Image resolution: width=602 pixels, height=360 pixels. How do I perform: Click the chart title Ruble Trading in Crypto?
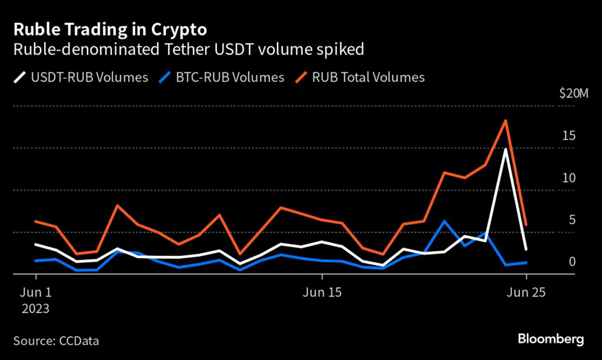[x=110, y=29]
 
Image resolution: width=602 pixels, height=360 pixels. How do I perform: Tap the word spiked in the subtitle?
[x=342, y=49]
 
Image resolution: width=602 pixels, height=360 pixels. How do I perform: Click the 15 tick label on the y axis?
[x=568, y=136]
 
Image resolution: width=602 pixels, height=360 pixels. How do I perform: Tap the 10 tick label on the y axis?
[x=568, y=178]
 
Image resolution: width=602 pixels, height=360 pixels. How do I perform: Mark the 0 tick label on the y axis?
[x=571, y=262]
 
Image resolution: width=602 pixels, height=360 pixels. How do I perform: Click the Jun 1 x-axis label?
[x=36, y=292]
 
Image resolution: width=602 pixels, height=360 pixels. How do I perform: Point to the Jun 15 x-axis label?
[x=322, y=292]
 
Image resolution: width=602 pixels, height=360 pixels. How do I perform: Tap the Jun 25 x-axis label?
[x=526, y=292]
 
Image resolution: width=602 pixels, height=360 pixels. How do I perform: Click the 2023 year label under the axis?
[x=36, y=308]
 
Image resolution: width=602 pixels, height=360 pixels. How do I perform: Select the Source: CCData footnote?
[x=56, y=340]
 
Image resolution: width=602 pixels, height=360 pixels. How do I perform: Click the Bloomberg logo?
[x=551, y=339]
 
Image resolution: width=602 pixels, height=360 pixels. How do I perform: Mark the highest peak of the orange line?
[x=506, y=121]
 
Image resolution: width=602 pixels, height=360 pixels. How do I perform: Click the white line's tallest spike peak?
[x=506, y=149]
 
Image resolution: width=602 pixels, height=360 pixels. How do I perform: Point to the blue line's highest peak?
[x=444, y=221]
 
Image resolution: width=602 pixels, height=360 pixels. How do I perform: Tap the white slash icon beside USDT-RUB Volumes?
[x=20, y=77]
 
